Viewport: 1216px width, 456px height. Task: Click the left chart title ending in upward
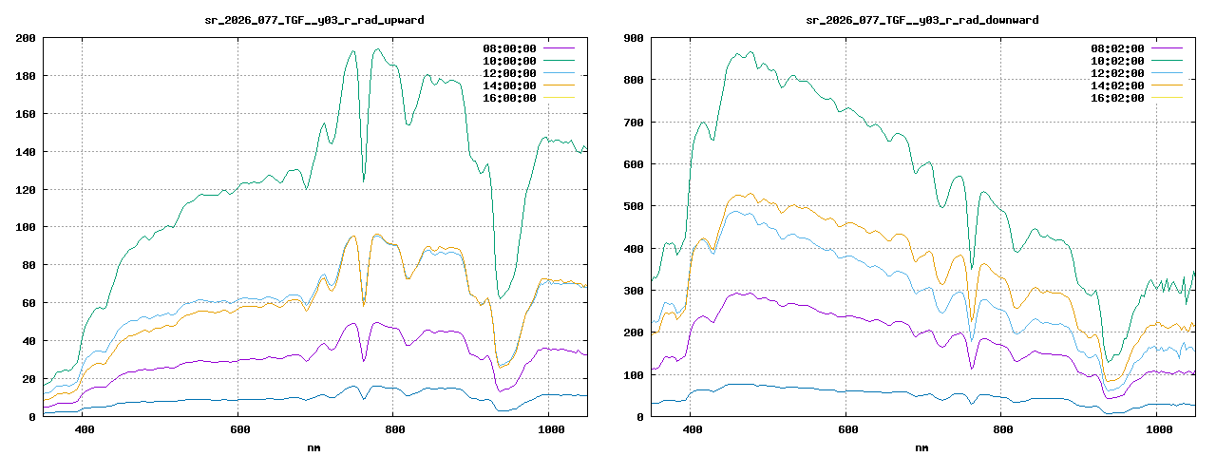point(314,19)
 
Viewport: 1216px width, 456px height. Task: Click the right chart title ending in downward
point(922,19)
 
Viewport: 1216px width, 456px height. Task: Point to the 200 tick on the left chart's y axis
point(26,38)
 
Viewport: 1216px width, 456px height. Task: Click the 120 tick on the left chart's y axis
point(26,190)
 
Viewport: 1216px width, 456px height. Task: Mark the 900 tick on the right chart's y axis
point(634,38)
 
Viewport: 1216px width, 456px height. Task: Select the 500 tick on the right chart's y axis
point(634,206)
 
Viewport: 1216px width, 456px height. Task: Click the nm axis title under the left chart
point(314,446)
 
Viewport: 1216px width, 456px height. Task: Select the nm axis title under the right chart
point(922,446)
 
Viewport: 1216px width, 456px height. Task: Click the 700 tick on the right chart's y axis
point(634,123)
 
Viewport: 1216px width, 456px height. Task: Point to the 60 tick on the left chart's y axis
point(29,303)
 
